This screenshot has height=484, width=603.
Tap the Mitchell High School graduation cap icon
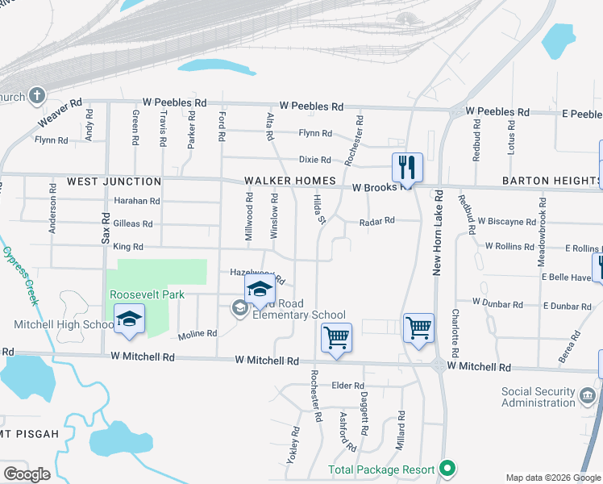tap(129, 319)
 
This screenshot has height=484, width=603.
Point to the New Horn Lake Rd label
tap(439, 233)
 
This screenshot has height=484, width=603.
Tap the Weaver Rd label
tap(60, 114)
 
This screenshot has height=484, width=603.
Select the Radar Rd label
tap(376, 220)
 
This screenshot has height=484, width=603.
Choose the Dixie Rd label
tap(314, 160)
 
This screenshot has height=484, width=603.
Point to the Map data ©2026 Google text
tap(552, 478)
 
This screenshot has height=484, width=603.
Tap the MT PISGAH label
tap(31, 434)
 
